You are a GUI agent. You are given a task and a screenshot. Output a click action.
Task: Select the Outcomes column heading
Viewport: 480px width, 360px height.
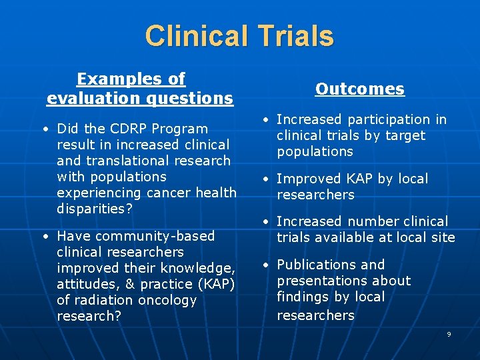pos(360,89)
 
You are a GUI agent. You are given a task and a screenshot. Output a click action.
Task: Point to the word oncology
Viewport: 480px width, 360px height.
pos(167,300)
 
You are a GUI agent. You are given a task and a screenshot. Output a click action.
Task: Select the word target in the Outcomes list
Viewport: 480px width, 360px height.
pos(403,135)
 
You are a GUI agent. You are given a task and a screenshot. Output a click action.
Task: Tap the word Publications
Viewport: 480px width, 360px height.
pos(318,265)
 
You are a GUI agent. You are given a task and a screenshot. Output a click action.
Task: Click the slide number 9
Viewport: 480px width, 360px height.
pos(449,334)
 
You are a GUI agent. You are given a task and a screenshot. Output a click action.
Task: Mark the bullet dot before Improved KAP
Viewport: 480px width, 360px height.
pos(265,179)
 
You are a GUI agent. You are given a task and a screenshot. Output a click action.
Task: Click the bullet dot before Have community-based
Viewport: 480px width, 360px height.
pos(45,237)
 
